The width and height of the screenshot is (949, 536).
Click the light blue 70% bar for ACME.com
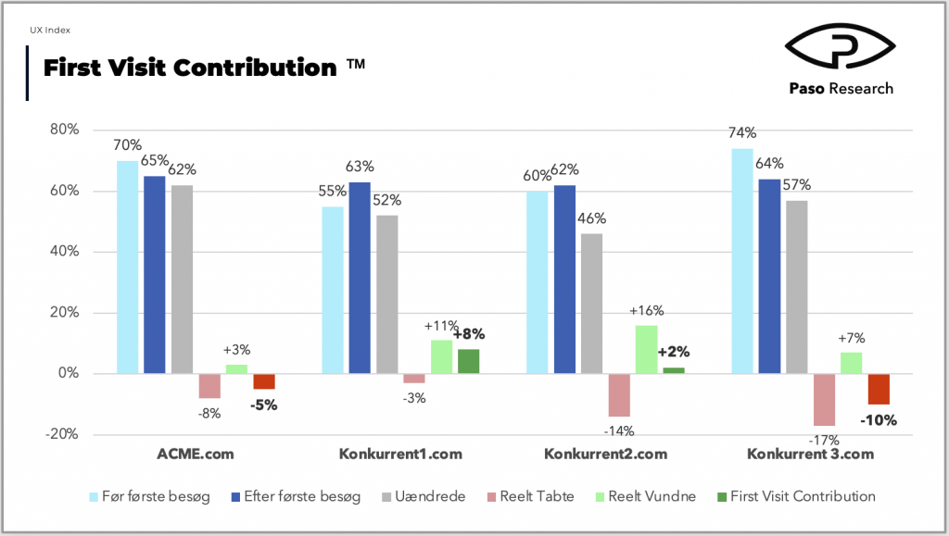(x=127, y=268)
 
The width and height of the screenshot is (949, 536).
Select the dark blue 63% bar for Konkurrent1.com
(x=360, y=278)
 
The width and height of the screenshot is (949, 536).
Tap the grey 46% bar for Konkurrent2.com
(x=592, y=304)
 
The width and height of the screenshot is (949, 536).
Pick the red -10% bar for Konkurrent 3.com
(x=879, y=389)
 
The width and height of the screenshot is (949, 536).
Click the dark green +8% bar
(x=468, y=361)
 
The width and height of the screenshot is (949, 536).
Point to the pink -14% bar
(x=619, y=395)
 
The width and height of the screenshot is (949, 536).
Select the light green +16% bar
(x=646, y=349)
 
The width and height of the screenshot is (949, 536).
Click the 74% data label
(x=742, y=132)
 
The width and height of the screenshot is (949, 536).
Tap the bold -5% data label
(x=264, y=405)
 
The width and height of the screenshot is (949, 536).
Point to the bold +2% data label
(x=674, y=352)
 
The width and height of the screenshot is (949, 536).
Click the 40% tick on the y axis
(x=65, y=252)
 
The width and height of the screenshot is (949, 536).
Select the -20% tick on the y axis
(x=62, y=434)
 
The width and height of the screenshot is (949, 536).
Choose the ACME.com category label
(x=196, y=454)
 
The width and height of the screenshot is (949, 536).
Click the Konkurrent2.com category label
(x=606, y=454)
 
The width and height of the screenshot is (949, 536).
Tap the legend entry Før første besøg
(x=149, y=497)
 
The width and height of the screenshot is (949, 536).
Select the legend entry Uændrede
(x=424, y=497)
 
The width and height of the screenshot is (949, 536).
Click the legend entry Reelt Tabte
(x=531, y=497)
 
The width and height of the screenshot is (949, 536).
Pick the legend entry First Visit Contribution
(x=796, y=497)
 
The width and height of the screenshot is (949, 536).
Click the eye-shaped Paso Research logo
(x=840, y=46)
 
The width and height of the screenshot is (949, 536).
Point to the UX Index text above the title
(x=50, y=30)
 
